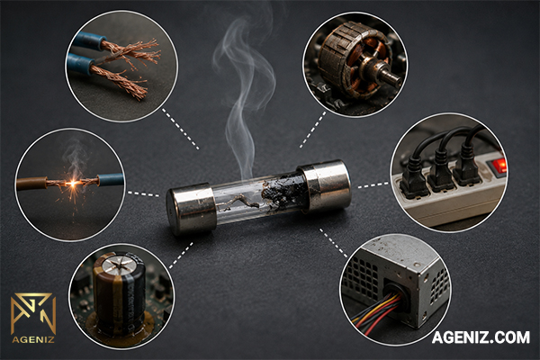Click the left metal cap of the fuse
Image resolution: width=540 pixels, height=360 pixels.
pos(192,209)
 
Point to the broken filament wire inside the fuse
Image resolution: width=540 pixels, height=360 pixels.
pos(238,203)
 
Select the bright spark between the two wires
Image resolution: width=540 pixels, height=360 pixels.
pos(73,184)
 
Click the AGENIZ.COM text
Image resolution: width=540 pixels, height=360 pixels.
pos(481,337)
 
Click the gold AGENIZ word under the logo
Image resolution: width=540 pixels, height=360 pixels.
pos(33,339)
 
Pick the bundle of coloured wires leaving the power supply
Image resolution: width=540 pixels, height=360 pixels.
pos(377,310)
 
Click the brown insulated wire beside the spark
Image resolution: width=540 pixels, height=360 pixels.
pos(31,184)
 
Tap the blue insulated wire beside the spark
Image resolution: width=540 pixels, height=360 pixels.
pos(110,180)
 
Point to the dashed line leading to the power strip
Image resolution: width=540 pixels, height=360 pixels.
pos(374,185)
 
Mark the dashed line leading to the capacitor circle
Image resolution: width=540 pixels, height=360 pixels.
pos(181,256)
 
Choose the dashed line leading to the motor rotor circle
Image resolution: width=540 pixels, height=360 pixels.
pos(312,130)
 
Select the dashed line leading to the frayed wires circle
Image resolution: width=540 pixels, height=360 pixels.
pos(181,130)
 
